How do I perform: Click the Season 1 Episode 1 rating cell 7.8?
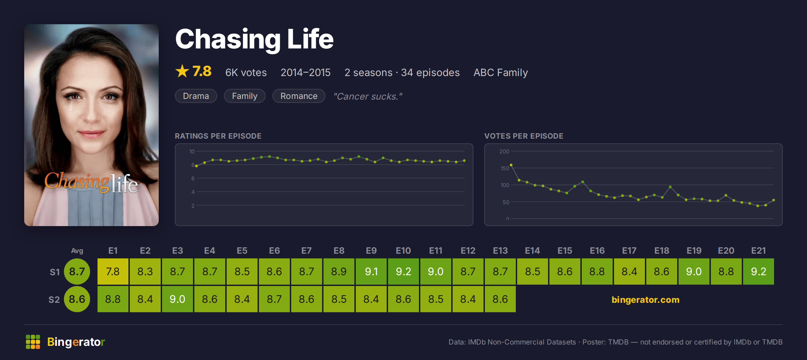(x=113, y=272)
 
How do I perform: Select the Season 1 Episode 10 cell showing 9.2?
(x=403, y=272)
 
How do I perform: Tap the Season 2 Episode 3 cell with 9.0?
(x=178, y=299)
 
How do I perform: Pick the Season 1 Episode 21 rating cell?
(x=759, y=272)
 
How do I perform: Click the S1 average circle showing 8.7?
(x=77, y=272)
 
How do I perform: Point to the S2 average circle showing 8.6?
(x=77, y=299)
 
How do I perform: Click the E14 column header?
(x=532, y=251)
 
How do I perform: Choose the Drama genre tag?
(x=196, y=96)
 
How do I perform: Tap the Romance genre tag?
(x=299, y=96)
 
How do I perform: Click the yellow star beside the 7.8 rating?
(x=182, y=71)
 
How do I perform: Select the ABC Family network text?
(x=501, y=72)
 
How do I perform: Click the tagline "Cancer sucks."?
(x=368, y=96)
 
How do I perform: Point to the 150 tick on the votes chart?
(x=505, y=168)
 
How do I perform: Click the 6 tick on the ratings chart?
(x=193, y=178)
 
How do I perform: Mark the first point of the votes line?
(x=511, y=165)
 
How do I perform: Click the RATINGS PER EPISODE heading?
(x=218, y=136)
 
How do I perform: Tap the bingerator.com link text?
(x=646, y=299)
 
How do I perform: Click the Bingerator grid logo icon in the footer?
(x=33, y=342)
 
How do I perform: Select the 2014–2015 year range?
(x=306, y=72)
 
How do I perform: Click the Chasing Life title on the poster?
(x=91, y=182)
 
